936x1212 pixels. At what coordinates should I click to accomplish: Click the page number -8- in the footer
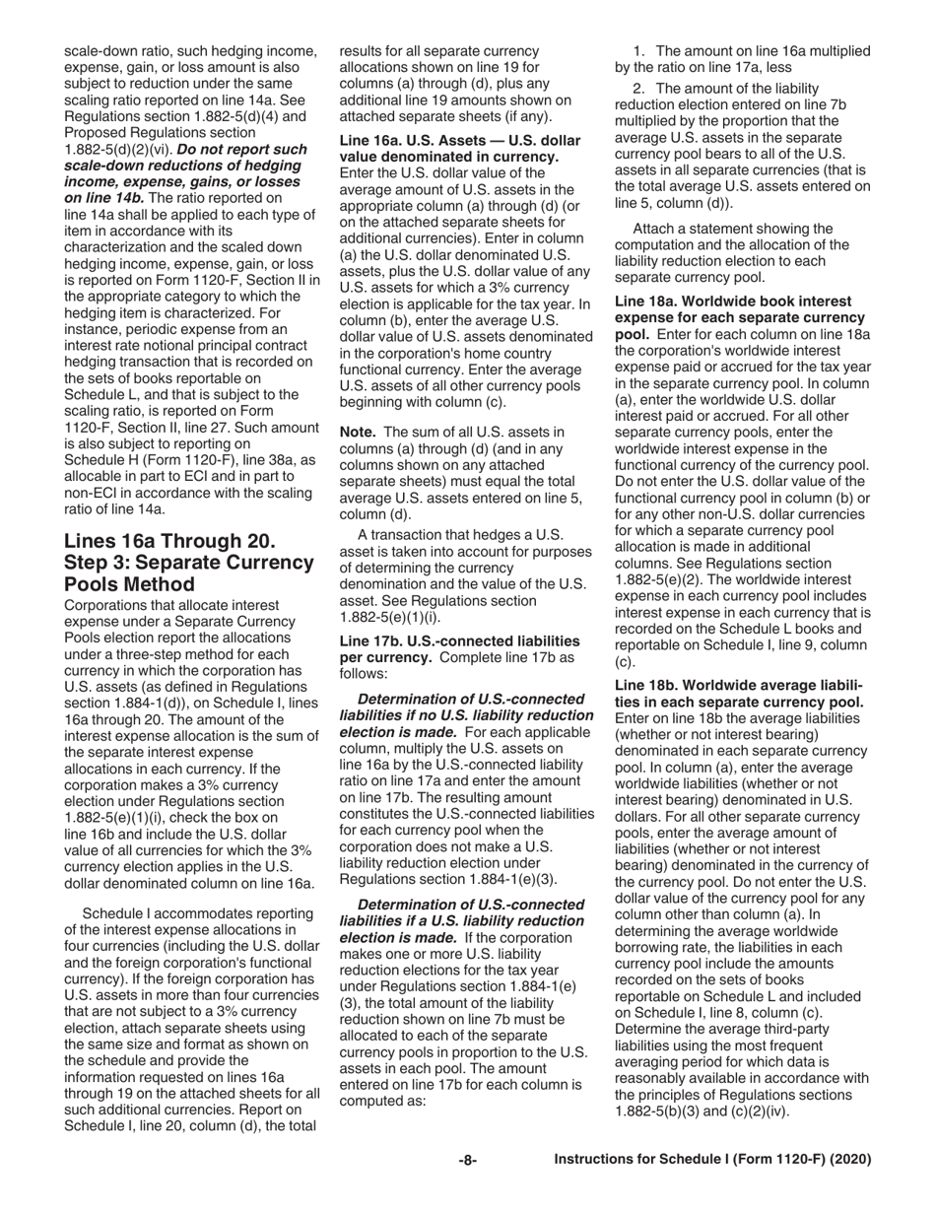[x=468, y=1160]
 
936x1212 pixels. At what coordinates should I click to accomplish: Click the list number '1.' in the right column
[x=639, y=50]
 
